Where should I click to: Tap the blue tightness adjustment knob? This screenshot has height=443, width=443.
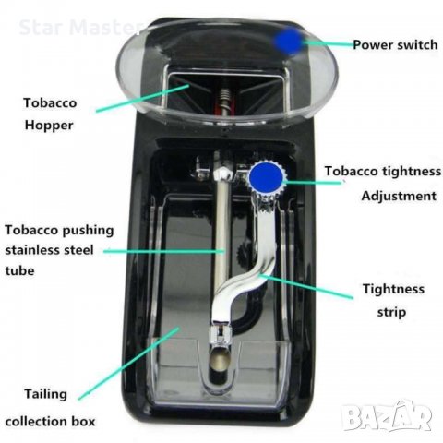point(266,177)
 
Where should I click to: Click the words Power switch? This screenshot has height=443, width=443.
point(395,45)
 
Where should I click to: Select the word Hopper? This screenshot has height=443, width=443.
point(49,126)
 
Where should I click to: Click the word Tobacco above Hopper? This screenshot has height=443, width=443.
point(50,102)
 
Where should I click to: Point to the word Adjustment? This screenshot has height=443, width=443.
point(399,197)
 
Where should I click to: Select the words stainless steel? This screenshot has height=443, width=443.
point(49,250)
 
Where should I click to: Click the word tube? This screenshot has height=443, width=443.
point(19,271)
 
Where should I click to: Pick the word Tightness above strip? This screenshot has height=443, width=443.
point(393,289)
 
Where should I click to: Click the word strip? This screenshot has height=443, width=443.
point(391,313)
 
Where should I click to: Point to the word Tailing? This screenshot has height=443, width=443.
point(45,395)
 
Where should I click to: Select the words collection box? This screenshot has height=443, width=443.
point(50,422)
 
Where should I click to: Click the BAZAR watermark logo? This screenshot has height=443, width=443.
point(387,415)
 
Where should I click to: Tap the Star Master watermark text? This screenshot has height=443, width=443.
point(80,28)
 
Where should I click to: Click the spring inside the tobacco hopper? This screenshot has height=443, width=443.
point(225,98)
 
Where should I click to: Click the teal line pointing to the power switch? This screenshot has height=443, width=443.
point(329,44)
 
